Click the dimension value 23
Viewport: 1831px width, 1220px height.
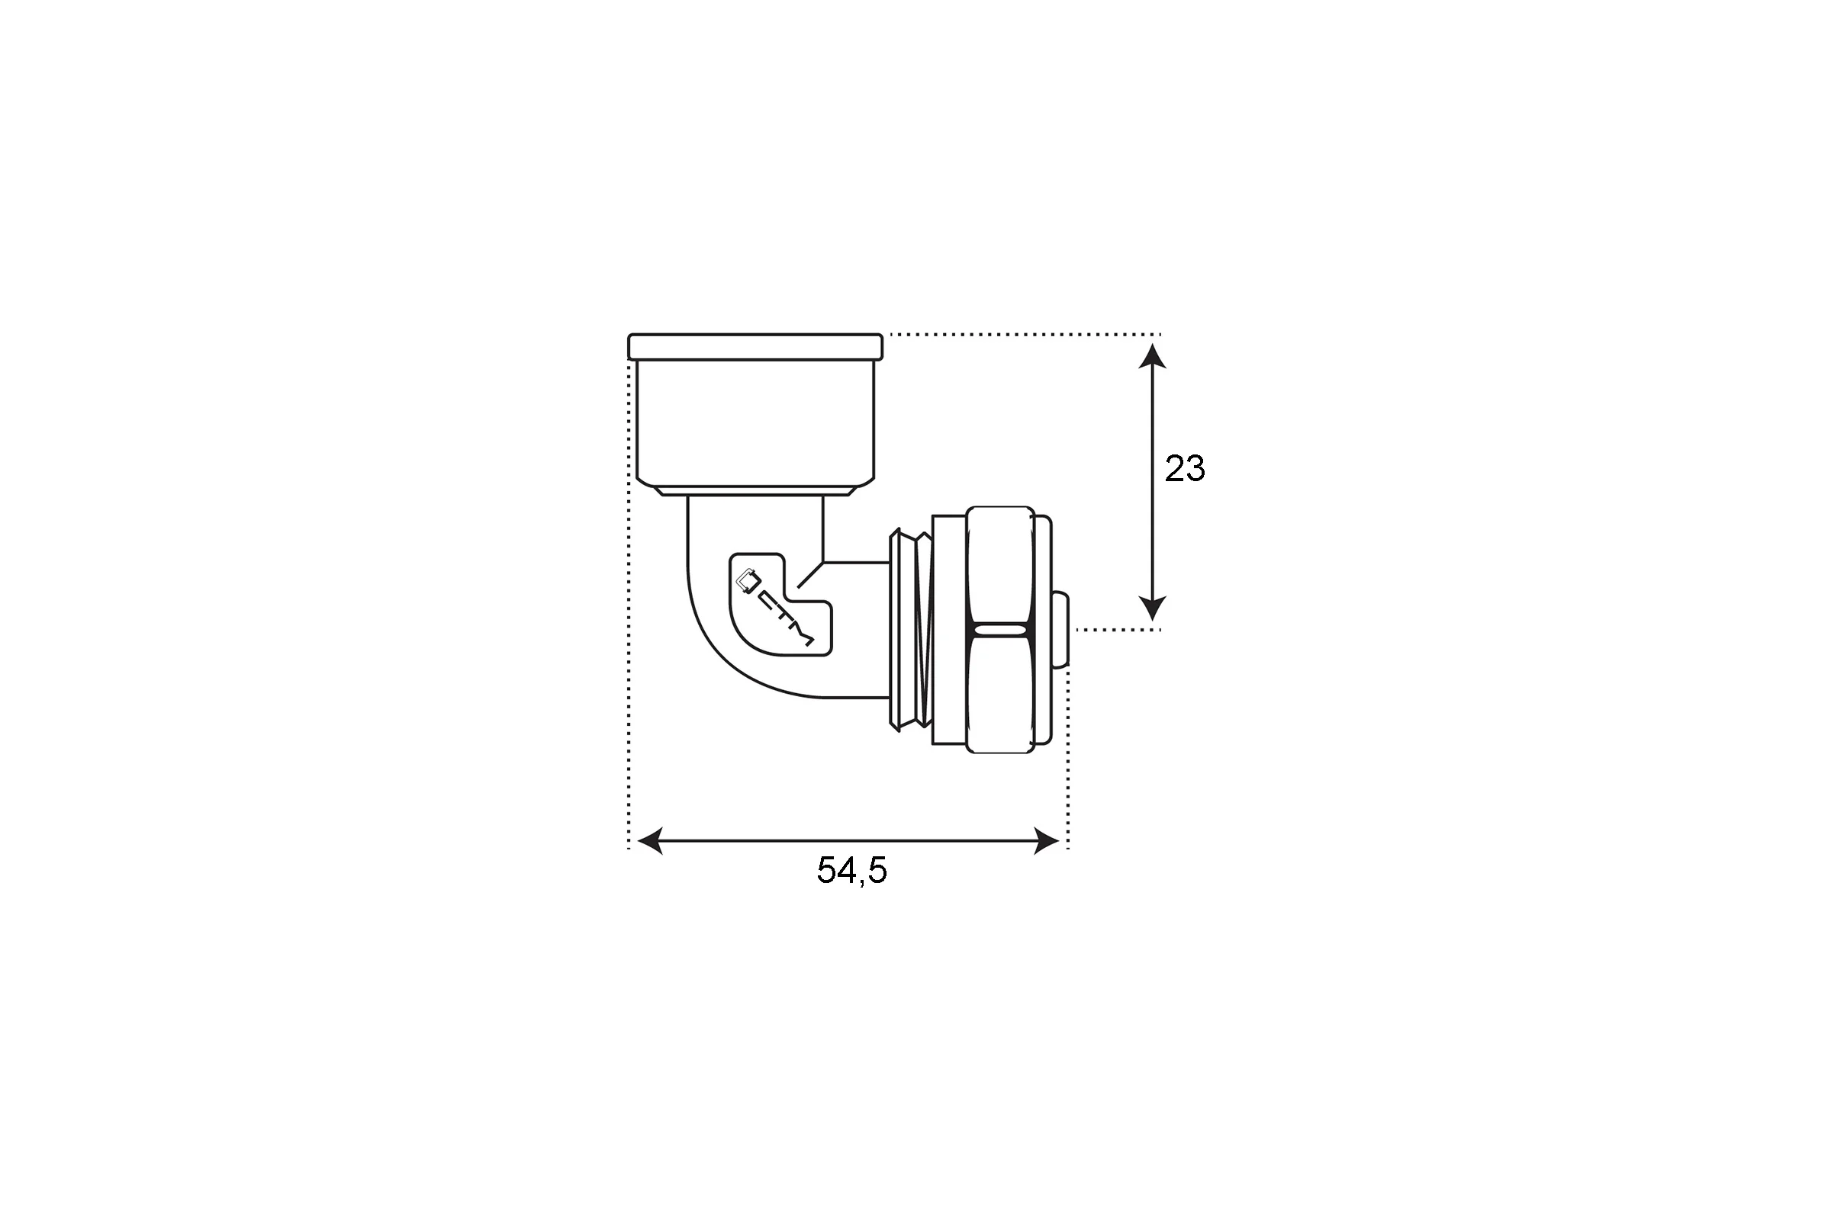(x=1184, y=468)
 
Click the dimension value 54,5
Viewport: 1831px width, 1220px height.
(x=851, y=870)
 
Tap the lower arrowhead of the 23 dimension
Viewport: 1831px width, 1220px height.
(x=1152, y=608)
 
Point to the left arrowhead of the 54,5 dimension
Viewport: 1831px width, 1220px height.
(x=650, y=841)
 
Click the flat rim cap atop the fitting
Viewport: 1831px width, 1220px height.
(x=755, y=347)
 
